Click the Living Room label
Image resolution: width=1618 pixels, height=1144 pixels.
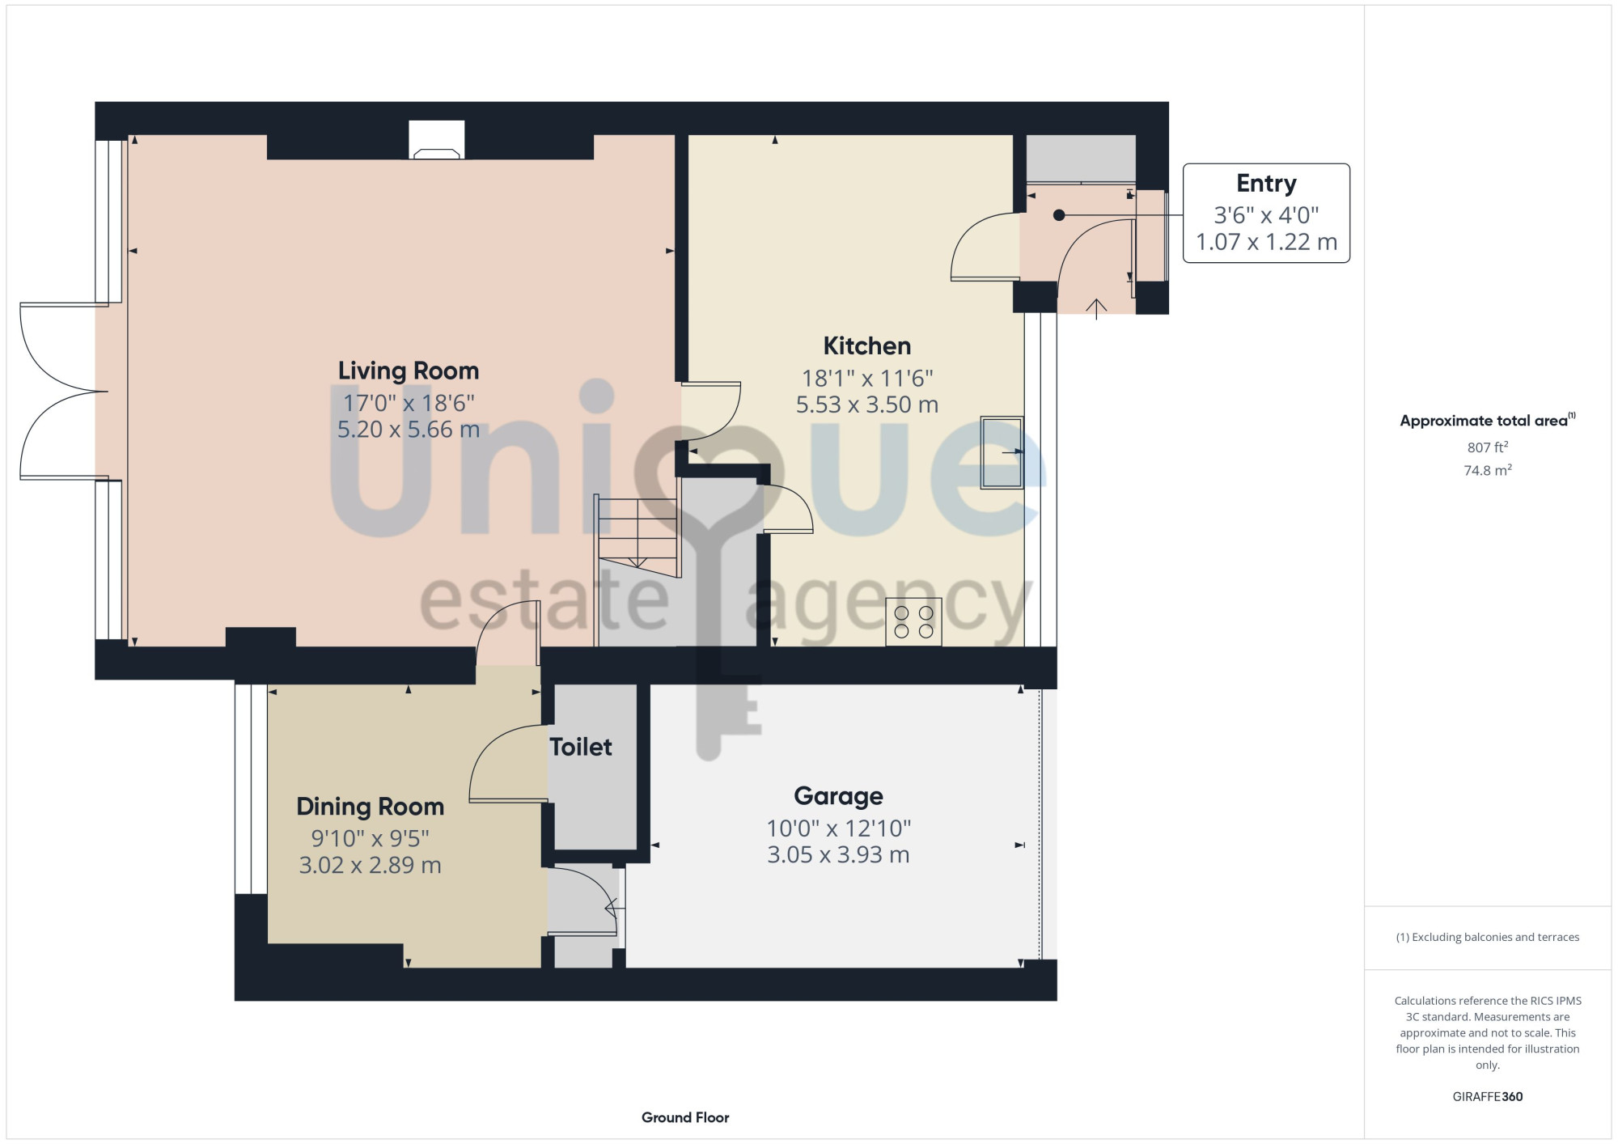[x=409, y=371]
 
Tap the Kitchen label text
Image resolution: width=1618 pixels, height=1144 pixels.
[x=867, y=346]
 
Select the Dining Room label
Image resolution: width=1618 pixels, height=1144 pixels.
[x=371, y=807]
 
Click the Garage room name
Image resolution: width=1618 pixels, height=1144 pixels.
[x=838, y=796]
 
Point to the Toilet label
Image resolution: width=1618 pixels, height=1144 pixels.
[x=581, y=747]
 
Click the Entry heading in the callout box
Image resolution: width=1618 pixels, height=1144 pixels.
[x=1266, y=184]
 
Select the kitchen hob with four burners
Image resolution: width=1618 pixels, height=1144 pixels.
[x=913, y=621]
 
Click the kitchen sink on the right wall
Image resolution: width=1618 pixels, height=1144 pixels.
[x=1002, y=452]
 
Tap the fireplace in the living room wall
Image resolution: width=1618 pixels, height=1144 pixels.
[x=437, y=140]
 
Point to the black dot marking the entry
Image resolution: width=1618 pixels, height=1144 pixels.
[x=1059, y=215]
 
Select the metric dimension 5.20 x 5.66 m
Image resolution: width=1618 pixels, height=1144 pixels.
[x=409, y=430]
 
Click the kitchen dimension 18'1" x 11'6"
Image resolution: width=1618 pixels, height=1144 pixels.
[x=867, y=379]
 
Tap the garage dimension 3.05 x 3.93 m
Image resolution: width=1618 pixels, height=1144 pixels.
[x=838, y=855]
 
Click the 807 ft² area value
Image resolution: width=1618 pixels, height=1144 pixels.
[x=1487, y=447]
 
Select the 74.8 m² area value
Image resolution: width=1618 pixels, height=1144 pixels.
[x=1487, y=470]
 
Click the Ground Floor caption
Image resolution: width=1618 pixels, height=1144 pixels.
[x=685, y=1117]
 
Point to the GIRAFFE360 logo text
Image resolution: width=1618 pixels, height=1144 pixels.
[x=1487, y=1097]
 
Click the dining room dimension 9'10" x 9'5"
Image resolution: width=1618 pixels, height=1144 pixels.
[x=371, y=839]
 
